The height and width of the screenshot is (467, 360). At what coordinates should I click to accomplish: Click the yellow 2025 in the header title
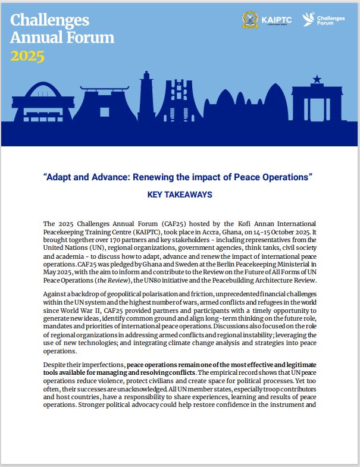click(x=27, y=57)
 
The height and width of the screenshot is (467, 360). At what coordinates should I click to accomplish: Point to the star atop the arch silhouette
click(x=317, y=79)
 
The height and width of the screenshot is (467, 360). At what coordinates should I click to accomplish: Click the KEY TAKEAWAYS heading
click(x=180, y=195)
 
